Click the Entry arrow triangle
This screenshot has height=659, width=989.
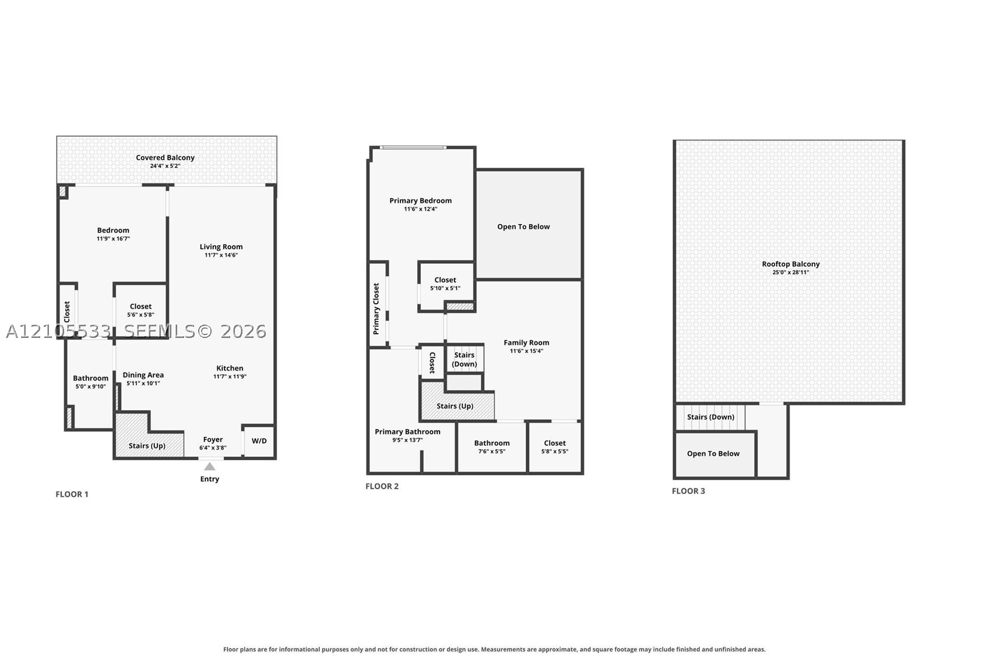coord(210,467)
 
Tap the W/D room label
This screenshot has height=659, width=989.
coord(259,441)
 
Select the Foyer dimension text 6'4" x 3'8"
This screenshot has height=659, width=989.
coord(213,447)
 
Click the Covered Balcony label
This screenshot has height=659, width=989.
coord(165,157)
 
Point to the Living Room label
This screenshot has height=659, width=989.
coord(221,246)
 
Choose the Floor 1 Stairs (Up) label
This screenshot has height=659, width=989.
coord(147,446)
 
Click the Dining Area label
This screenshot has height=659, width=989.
coord(143,375)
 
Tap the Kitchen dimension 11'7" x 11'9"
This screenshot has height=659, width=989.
coord(230,376)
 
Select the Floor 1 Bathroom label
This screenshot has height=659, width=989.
coord(90,378)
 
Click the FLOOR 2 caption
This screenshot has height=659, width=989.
coord(382,487)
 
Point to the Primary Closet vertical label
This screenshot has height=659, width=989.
coord(376,309)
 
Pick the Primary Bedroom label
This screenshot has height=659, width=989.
coord(421,201)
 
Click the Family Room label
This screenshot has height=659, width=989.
coord(527,343)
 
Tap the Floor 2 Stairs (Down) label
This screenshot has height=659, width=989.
coord(464,360)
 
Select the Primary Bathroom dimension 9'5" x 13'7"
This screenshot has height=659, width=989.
coord(407,440)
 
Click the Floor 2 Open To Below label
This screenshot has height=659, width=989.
coord(524,227)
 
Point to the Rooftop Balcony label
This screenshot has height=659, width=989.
coord(791,264)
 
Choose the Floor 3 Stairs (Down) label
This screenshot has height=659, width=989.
coord(711,417)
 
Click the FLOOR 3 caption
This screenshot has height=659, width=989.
coord(689,491)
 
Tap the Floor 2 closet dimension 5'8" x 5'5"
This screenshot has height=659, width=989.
coord(555,452)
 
